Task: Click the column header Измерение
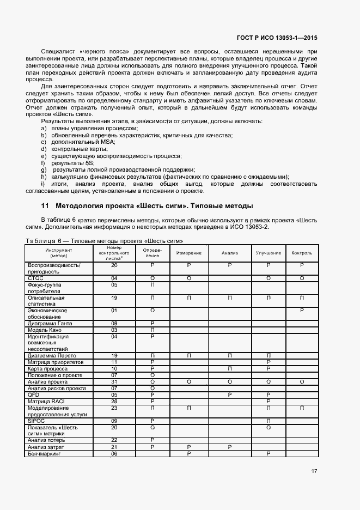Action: pyautogui.click(x=188, y=253)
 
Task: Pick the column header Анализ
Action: pyautogui.click(x=229, y=253)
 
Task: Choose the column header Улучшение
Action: pyautogui.click(x=269, y=253)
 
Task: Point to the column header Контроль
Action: pyautogui.click(x=302, y=253)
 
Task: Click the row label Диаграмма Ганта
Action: pyautogui.click(x=50, y=324)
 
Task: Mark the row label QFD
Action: pyautogui.click(x=33, y=395)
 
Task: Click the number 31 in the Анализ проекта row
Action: pyautogui.click(x=114, y=382)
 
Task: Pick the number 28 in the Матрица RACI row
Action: pyautogui.click(x=114, y=402)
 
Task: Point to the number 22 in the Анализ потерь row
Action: pyautogui.click(x=114, y=440)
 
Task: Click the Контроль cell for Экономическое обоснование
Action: pyautogui.click(x=302, y=311)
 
